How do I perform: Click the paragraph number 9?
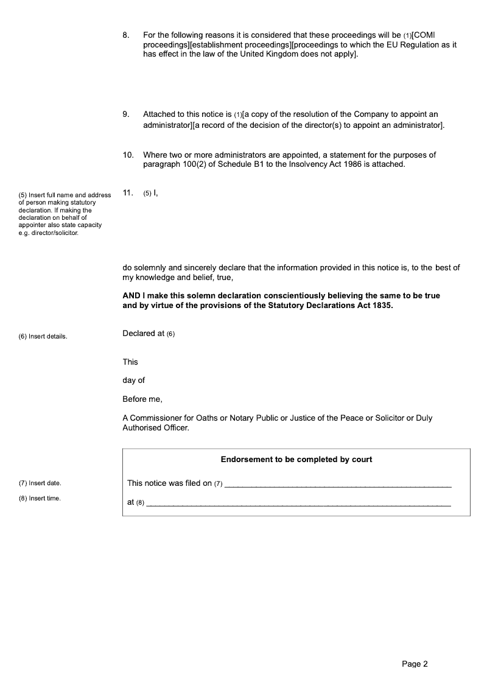[x=125, y=114]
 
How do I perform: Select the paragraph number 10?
[x=128, y=155]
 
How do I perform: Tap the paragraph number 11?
[x=128, y=193]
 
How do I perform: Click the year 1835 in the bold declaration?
[x=381, y=306]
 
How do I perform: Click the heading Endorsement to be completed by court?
[x=296, y=460]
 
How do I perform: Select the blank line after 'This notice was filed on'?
[x=338, y=485]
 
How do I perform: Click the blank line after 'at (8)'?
[x=299, y=504]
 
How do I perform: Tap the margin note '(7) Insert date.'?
[x=40, y=483]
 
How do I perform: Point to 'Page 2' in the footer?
[x=415, y=664]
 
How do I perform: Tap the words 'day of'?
[x=134, y=381]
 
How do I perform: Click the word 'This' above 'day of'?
[x=130, y=362]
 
